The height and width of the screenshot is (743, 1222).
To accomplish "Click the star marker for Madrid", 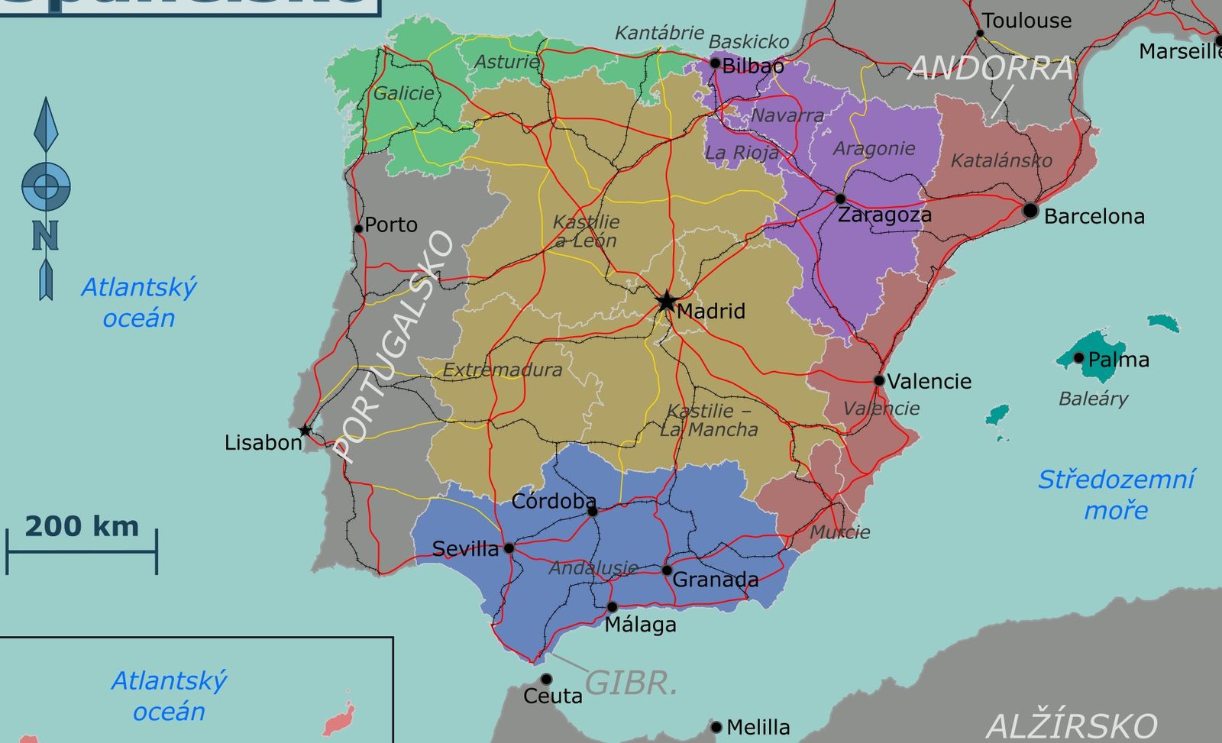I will coord(667,301).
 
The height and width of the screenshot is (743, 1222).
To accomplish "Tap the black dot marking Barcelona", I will coord(1030,210).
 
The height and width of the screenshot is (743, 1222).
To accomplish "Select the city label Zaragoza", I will coord(884,215).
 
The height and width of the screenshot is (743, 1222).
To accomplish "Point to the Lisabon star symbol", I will coord(305,431).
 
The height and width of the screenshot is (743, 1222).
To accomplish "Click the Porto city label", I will coord(391,225).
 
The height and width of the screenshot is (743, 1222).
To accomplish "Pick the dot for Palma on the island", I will coord(1078,357).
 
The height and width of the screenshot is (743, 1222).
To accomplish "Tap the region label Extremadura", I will coord(503,370).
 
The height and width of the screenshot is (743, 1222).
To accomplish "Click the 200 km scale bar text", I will coord(82,526).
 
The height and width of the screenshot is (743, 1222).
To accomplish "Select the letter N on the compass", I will coord(45,236).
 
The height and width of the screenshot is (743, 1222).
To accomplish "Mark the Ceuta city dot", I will coord(546,679).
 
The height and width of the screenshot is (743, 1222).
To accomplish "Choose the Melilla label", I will coord(758,727).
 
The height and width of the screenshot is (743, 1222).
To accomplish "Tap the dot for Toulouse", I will coord(980,33).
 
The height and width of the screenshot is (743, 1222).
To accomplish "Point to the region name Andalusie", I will coord(593,568).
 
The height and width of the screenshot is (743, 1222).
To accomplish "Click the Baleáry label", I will coord(1093,399).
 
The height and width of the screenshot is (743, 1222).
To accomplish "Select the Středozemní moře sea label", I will coord(1116,495).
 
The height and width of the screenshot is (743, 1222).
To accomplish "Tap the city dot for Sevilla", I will coord(509,548).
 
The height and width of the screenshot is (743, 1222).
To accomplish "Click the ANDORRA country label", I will coord(991,69).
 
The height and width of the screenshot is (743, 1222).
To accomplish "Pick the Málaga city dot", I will coord(613,607).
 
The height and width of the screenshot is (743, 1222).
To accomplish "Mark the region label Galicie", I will coord(403,93).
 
